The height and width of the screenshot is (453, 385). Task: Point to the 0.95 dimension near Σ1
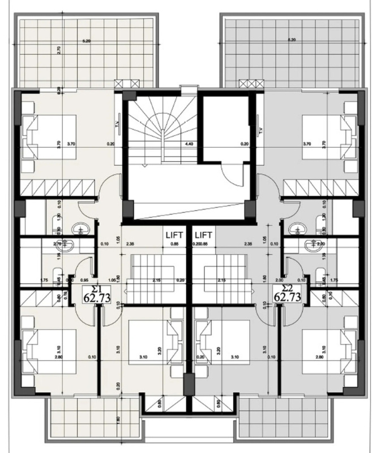tap(84, 280)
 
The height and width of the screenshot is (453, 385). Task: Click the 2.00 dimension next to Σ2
tap(279, 280)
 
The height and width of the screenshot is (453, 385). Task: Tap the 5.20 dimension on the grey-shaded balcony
tap(292, 40)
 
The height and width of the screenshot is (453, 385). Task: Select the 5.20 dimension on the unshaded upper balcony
tap(86, 40)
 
